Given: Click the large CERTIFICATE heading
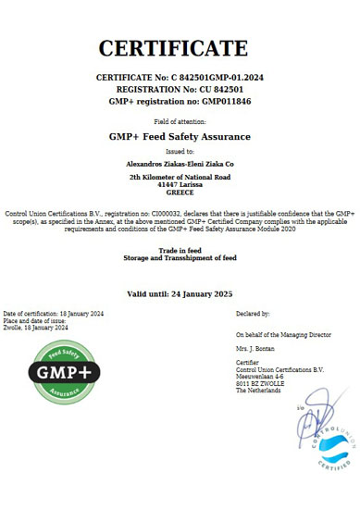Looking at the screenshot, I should (x=173, y=49).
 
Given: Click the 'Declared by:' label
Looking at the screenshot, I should (x=253, y=315).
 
